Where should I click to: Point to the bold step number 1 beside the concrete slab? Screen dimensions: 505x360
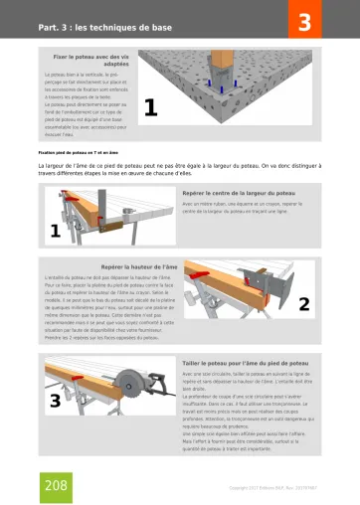click(x=151, y=108)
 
